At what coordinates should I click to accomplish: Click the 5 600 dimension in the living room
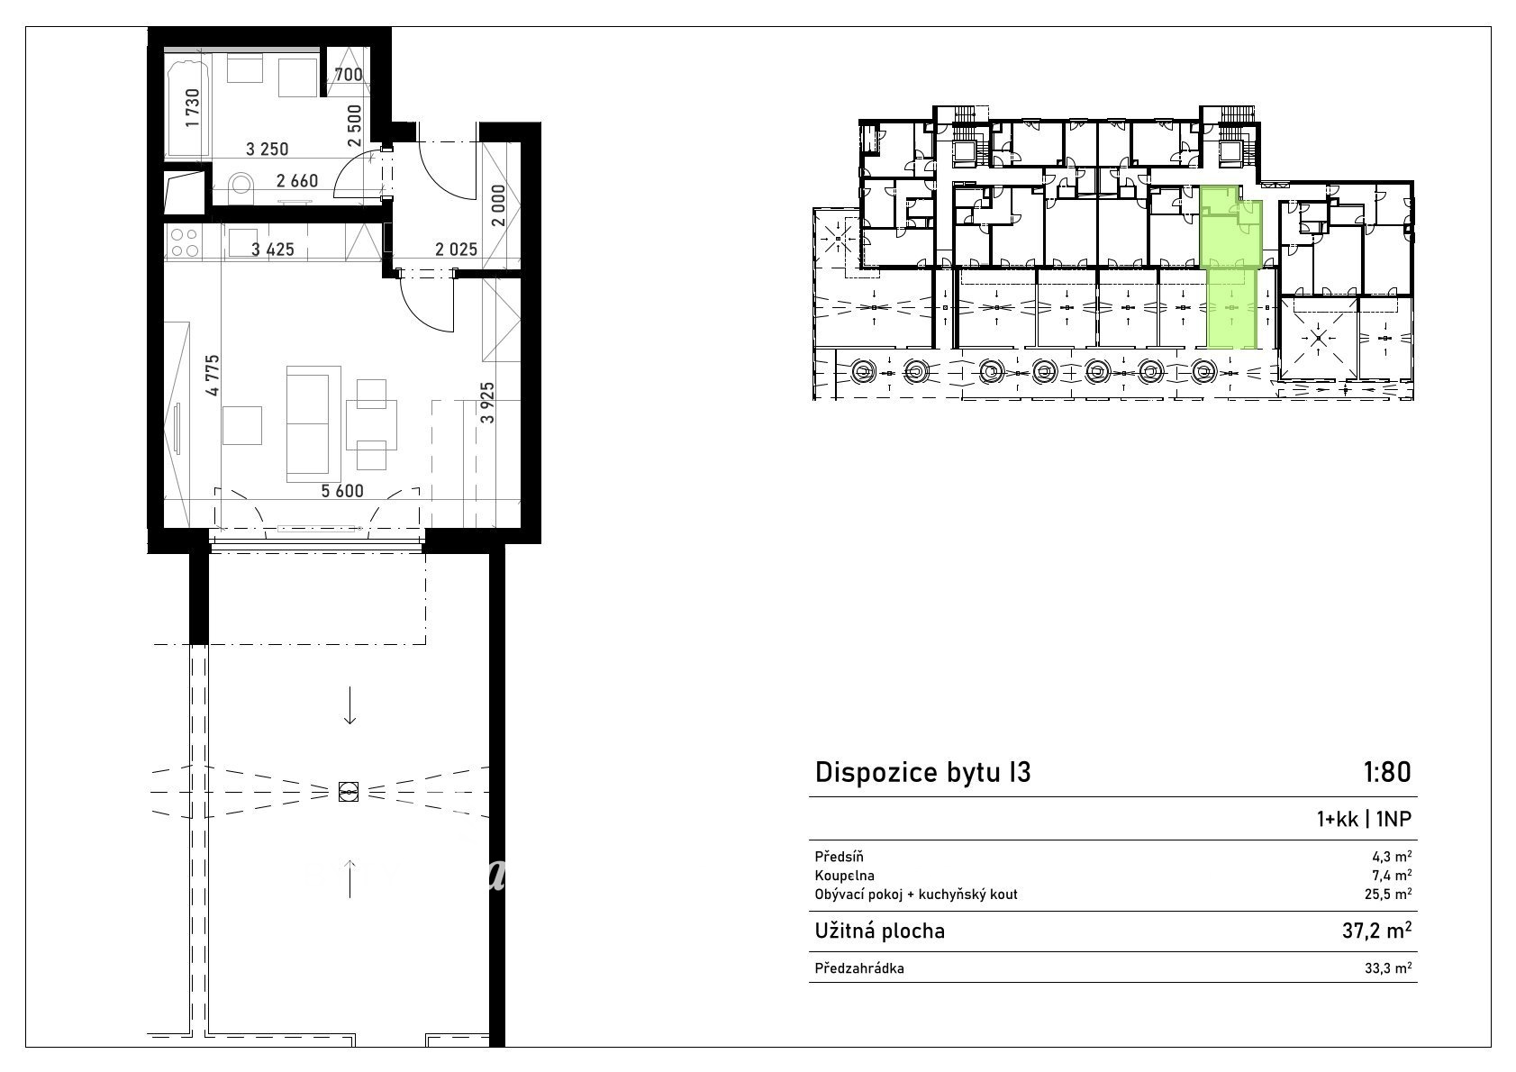click(x=341, y=491)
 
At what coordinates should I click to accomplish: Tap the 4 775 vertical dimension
click(x=213, y=375)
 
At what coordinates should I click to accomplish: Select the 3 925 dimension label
click(x=487, y=403)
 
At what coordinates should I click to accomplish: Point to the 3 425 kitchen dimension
click(x=273, y=250)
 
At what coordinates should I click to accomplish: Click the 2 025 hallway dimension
click(x=456, y=250)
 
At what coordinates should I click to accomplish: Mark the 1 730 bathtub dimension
click(x=193, y=108)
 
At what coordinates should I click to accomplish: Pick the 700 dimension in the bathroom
click(x=349, y=75)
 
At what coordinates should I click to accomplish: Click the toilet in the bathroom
click(x=241, y=184)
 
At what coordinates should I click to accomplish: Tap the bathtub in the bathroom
click(x=187, y=109)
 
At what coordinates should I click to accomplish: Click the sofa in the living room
click(x=313, y=423)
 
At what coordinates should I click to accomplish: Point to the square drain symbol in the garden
click(x=349, y=791)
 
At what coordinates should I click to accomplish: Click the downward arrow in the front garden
click(x=349, y=706)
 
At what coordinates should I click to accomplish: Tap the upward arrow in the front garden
click(x=349, y=878)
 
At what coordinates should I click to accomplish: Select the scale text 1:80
click(x=1386, y=772)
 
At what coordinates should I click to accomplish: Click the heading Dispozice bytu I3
click(x=922, y=772)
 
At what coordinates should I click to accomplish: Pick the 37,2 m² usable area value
click(x=1377, y=931)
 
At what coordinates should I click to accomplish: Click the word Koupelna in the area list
click(x=844, y=876)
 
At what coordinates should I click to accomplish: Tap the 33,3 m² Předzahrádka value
click(x=1388, y=968)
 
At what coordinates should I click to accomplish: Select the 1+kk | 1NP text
click(x=1364, y=819)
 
